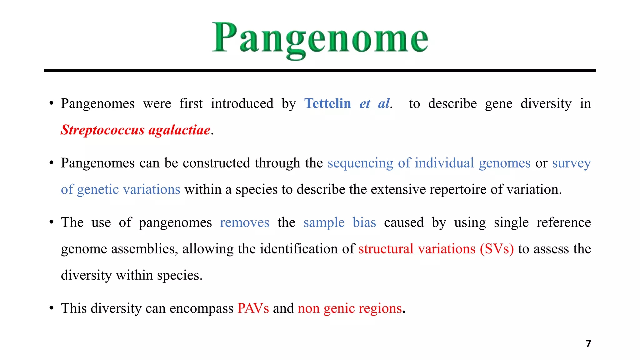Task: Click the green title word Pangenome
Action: (320, 39)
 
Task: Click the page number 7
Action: (588, 344)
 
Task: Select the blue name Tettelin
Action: (327, 103)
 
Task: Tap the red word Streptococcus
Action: (102, 130)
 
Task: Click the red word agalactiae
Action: (179, 130)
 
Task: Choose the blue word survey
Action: (571, 163)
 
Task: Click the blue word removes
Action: (244, 222)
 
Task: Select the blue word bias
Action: (364, 222)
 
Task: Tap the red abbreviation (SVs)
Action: (497, 249)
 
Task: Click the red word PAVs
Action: (253, 308)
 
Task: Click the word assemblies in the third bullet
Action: (145, 249)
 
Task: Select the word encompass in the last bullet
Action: (202, 308)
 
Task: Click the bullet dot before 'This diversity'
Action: (52, 308)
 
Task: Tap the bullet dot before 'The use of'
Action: (52, 222)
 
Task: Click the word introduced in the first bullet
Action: (242, 103)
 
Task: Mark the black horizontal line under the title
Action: (320, 71)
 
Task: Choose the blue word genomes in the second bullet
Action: (504, 163)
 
